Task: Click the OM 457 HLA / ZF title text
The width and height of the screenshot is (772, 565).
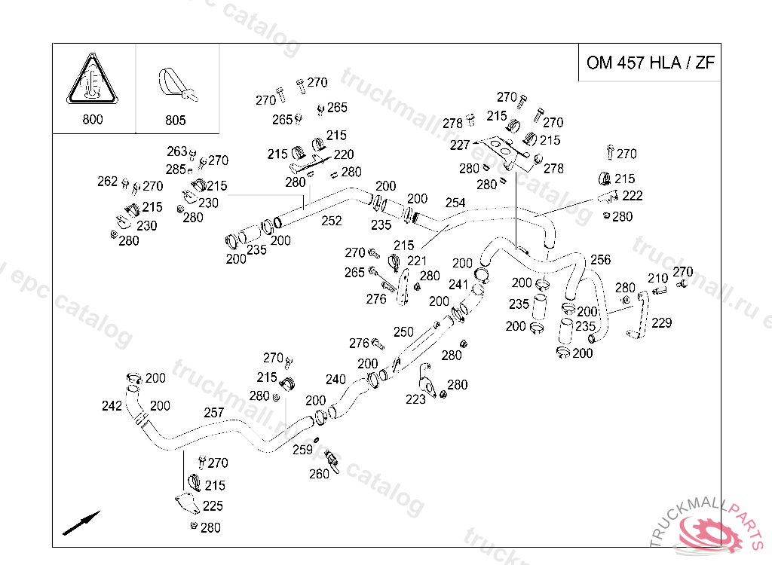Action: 650,63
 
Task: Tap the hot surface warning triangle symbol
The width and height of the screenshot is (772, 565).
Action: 93,81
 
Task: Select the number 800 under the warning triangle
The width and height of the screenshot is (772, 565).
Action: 93,119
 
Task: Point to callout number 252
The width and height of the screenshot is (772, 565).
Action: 332,221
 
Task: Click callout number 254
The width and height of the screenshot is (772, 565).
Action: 455,203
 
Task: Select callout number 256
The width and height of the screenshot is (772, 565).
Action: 600,259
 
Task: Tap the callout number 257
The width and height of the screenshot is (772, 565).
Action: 214,413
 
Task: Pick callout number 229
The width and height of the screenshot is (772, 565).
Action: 662,322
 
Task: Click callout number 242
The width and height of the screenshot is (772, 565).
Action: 112,406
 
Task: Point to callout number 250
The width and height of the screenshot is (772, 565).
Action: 403,331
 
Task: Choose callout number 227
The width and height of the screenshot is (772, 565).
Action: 460,145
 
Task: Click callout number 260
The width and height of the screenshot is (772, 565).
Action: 319,474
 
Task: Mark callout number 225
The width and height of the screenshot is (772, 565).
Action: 213,506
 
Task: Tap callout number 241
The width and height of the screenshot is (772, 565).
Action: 458,285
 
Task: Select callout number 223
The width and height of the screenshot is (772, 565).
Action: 415,399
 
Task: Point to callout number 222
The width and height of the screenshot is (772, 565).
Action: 633,196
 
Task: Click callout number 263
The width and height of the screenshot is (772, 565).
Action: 176,151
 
